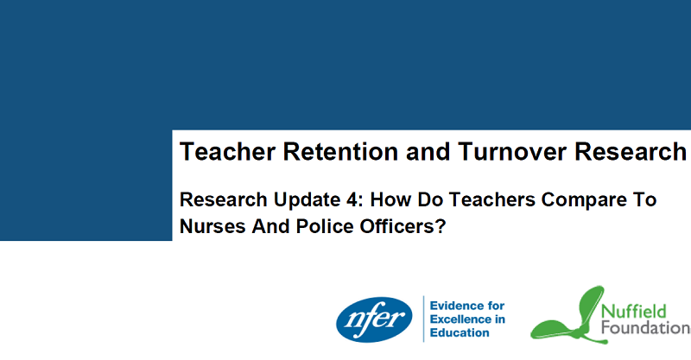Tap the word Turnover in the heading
pos(512,152)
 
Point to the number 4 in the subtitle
pos(352,199)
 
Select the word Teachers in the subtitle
pos(491,199)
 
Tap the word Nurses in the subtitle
pos(212,226)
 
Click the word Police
pos(325,226)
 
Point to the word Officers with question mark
pos(403,226)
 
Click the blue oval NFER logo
pos(374,319)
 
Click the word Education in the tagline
pos(460,332)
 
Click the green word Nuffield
pos(634,312)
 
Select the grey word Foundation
pos(646,328)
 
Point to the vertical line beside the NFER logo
pos(423,319)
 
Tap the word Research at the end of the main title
pos(631,152)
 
